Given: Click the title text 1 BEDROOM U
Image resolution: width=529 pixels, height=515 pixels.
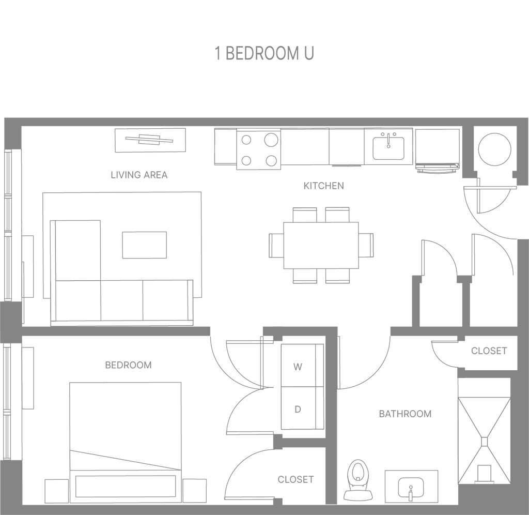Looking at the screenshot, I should tap(264, 54).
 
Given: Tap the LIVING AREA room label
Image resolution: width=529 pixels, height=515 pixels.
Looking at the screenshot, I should tap(139, 175).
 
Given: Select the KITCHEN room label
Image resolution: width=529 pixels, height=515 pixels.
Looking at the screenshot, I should tap(323, 186).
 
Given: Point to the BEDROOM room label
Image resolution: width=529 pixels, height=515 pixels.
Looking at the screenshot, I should tap(129, 366).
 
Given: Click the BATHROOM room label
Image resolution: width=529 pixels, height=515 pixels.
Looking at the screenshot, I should tap(406, 414).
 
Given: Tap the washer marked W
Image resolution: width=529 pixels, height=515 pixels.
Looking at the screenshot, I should tap(298, 367).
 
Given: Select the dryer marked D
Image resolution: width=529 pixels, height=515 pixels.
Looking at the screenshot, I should tap(298, 410).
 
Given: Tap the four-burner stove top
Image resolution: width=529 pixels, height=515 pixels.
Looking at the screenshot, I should tap(258, 150).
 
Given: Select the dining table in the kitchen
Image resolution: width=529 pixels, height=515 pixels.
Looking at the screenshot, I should tap(321, 244).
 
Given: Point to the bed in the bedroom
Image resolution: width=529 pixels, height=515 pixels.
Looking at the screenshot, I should tap(126, 429).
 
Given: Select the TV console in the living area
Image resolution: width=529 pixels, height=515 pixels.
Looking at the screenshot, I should tap(150, 140).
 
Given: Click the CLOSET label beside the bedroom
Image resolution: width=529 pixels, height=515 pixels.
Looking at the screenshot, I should tap(295, 479).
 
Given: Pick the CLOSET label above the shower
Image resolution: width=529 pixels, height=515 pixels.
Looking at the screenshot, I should tap(489, 351).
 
